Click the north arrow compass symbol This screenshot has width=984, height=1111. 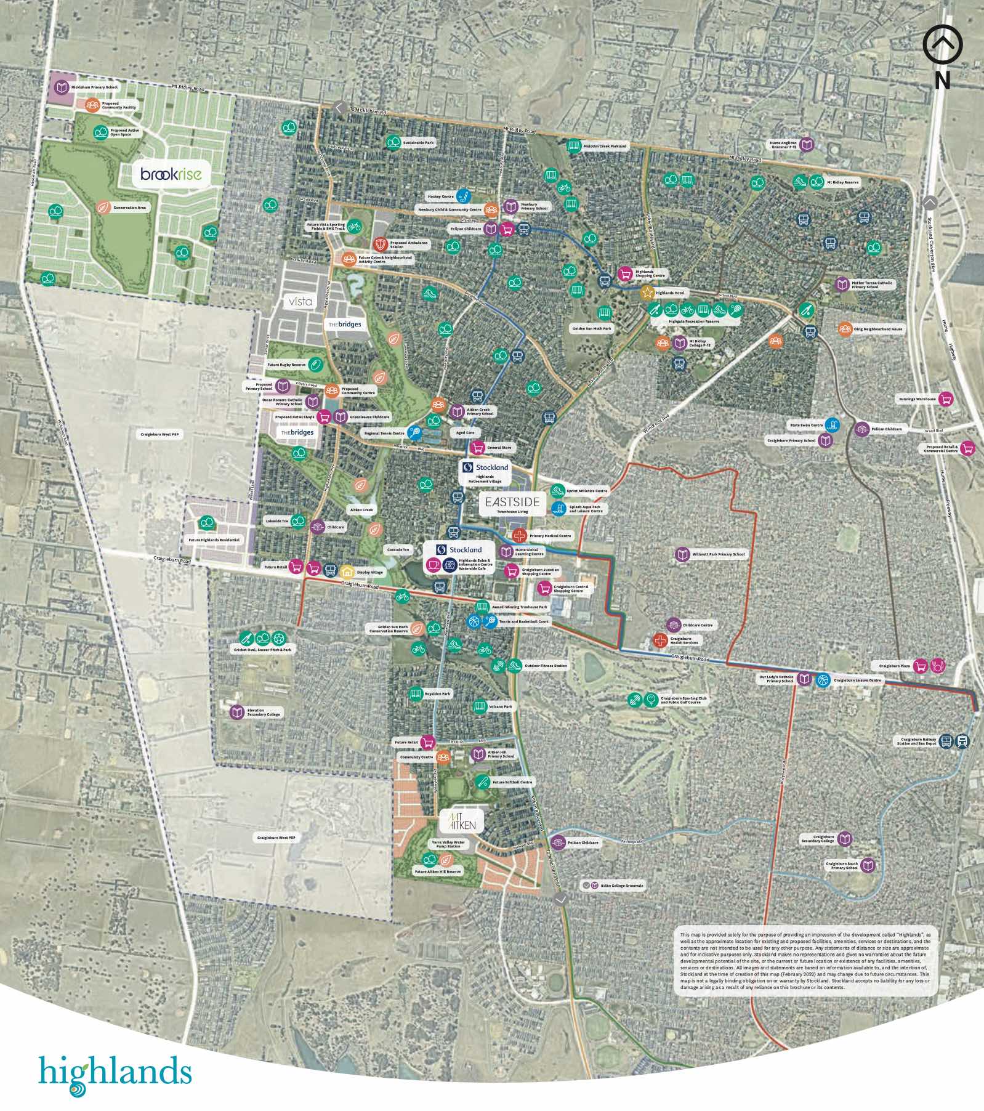click(942, 44)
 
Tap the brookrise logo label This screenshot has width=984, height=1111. click(171, 174)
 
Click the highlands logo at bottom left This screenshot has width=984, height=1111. click(115, 1073)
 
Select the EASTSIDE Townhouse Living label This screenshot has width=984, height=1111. click(512, 504)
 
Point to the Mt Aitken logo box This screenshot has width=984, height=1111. click(462, 820)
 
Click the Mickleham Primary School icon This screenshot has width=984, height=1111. click(61, 87)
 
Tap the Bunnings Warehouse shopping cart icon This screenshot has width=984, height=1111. click(946, 399)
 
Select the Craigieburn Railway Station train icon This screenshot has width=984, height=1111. click(962, 741)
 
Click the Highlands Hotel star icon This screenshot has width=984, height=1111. click(647, 293)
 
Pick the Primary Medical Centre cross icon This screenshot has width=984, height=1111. click(520, 535)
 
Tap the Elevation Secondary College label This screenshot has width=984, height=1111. click(263, 713)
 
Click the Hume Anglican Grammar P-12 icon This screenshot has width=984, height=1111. click(807, 145)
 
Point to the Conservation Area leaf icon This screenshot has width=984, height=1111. click(103, 208)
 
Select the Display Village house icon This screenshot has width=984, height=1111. click(347, 572)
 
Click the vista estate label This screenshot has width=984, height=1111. click(300, 301)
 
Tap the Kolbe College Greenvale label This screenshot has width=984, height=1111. click(621, 886)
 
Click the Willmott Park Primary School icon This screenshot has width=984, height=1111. click(682, 554)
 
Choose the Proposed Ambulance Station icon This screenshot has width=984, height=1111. click(381, 244)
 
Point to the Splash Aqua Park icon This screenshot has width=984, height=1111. click(559, 509)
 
